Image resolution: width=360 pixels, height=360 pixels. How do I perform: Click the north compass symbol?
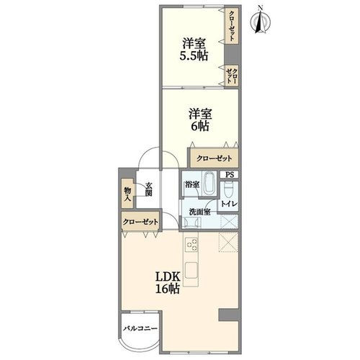(261, 20)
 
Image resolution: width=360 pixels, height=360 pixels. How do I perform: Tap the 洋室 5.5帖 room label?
(194, 50)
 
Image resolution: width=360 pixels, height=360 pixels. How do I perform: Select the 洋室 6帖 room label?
(200, 120)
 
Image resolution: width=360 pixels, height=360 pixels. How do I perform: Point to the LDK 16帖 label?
(168, 283)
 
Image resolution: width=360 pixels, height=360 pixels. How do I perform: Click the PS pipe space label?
(230, 175)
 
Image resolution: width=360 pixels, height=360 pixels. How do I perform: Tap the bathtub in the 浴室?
(209, 184)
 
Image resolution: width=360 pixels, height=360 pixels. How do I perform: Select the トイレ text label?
(229, 204)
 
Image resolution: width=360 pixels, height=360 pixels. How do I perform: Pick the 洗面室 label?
(199, 212)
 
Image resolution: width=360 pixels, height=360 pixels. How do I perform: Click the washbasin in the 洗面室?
(192, 222)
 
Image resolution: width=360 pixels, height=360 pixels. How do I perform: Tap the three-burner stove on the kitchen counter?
(192, 245)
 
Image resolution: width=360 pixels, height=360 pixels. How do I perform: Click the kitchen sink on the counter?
(192, 270)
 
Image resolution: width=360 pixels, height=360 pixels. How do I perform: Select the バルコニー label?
(140, 328)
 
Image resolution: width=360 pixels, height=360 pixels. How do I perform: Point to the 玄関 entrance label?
(149, 189)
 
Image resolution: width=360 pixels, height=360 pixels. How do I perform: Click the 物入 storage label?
(127, 194)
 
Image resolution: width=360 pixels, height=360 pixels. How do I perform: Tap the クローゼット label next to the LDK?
(140, 222)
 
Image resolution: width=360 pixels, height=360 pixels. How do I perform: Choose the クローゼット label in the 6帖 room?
(214, 158)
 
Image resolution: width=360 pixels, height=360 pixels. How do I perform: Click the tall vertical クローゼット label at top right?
(232, 26)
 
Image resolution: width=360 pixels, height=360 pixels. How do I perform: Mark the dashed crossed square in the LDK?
(228, 242)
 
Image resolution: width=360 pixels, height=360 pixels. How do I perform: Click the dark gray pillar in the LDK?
(228, 315)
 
